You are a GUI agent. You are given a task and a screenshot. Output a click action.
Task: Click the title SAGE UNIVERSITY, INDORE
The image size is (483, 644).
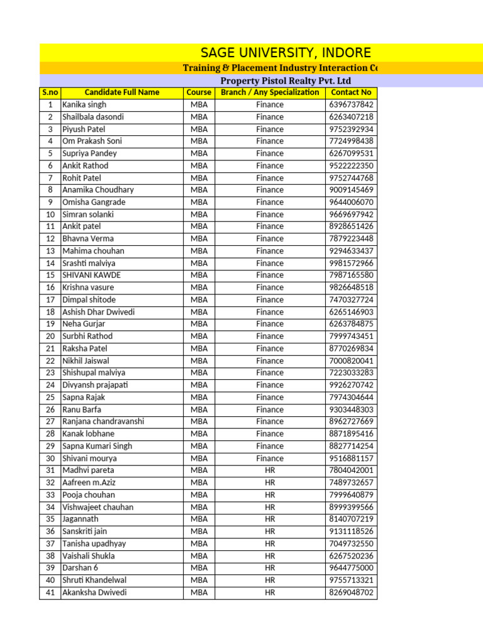click(x=286, y=53)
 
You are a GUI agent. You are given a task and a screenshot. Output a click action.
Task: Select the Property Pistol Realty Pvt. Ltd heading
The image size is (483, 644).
click(x=286, y=80)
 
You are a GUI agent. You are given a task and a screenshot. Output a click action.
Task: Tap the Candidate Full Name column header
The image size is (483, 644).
click(x=122, y=92)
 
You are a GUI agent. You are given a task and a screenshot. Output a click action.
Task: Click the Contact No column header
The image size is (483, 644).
click(x=351, y=92)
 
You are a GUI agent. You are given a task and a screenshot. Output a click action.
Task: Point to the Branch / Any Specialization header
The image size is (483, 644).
click(x=270, y=92)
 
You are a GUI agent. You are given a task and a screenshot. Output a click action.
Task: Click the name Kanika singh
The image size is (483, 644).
click(x=84, y=105)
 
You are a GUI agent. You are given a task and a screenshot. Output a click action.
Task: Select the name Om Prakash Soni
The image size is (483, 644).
click(x=92, y=142)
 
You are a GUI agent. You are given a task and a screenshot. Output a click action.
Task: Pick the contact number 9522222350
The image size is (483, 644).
click(x=351, y=166)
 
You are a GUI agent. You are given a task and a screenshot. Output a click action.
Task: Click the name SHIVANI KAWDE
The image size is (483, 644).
click(x=91, y=275)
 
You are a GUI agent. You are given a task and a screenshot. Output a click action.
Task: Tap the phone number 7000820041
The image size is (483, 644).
click(x=351, y=361)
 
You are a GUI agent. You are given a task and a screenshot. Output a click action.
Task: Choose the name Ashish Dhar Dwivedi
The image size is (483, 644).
click(x=98, y=312)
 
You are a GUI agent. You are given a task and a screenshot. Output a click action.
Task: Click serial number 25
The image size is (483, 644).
click(x=50, y=397)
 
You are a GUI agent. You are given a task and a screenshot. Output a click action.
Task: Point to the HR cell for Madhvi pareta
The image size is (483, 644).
click(x=270, y=470)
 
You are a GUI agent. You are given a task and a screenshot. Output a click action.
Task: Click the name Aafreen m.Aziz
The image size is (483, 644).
click(x=89, y=483)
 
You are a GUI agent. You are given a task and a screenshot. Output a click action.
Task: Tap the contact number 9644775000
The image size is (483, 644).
click(x=351, y=568)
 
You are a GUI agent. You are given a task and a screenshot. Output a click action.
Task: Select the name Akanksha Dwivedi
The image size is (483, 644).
click(x=94, y=592)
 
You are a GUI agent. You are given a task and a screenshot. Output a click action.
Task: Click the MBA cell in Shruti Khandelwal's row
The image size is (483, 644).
click(x=199, y=580)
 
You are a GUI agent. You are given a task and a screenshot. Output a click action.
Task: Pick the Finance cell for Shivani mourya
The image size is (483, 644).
click(x=270, y=458)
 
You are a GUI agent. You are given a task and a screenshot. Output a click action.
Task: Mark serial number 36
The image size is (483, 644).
click(x=50, y=531)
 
